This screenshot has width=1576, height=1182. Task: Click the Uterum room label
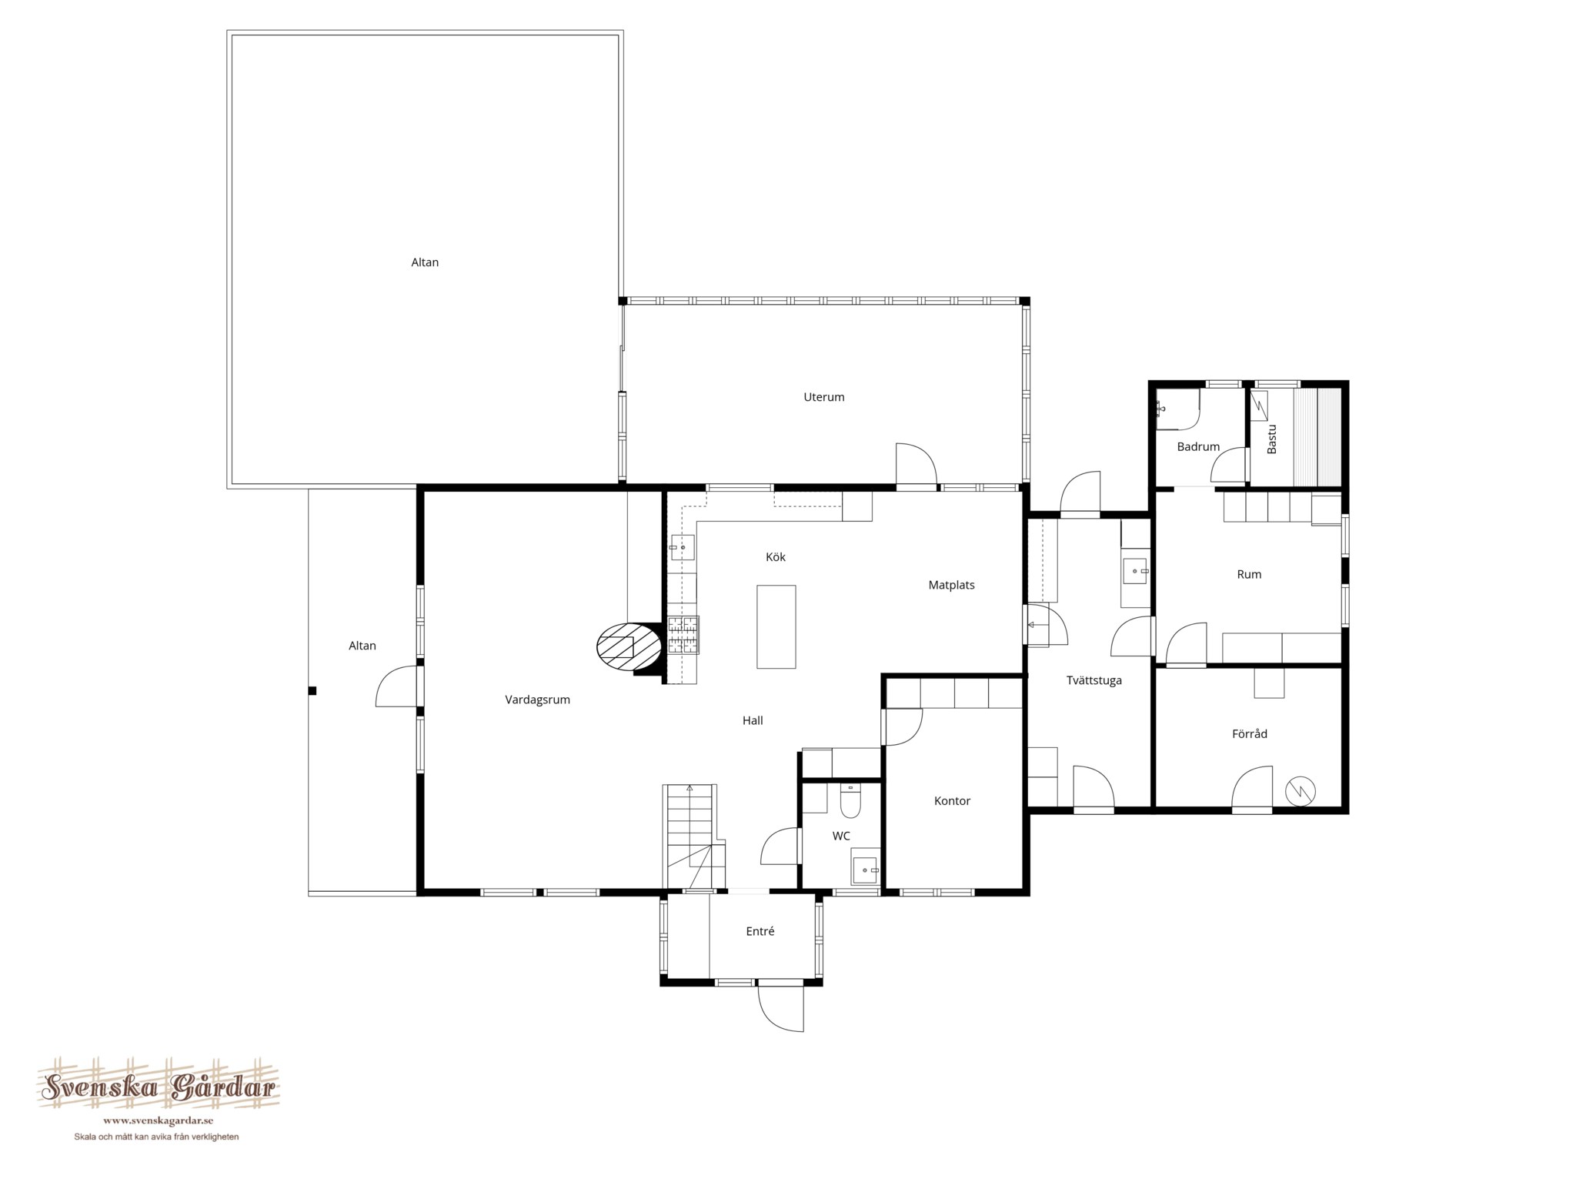pyautogui.click(x=823, y=397)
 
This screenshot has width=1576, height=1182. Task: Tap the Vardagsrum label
pyautogui.click(x=537, y=700)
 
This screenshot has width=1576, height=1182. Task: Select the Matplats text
pyautogui.click(x=951, y=585)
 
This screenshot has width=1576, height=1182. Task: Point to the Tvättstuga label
pyautogui.click(x=1094, y=680)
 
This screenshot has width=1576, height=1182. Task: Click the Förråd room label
pyautogui.click(x=1249, y=733)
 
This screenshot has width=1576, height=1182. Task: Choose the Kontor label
pyautogui.click(x=952, y=801)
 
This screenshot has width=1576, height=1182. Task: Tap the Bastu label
pyautogui.click(x=1271, y=439)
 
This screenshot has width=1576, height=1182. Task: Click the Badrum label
pyautogui.click(x=1198, y=447)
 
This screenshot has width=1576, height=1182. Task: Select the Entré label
pyautogui.click(x=760, y=931)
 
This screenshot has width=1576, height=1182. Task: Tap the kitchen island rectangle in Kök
pyautogui.click(x=776, y=626)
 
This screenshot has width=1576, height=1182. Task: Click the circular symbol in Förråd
pyautogui.click(x=1300, y=790)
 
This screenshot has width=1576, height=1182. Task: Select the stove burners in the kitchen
pyautogui.click(x=683, y=635)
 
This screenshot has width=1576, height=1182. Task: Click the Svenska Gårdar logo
pyautogui.click(x=159, y=1087)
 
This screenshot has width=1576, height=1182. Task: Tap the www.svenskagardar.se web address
pyautogui.click(x=159, y=1120)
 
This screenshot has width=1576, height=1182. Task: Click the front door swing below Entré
pyautogui.click(x=781, y=1009)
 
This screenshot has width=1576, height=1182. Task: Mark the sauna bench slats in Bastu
pyautogui.click(x=1317, y=437)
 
